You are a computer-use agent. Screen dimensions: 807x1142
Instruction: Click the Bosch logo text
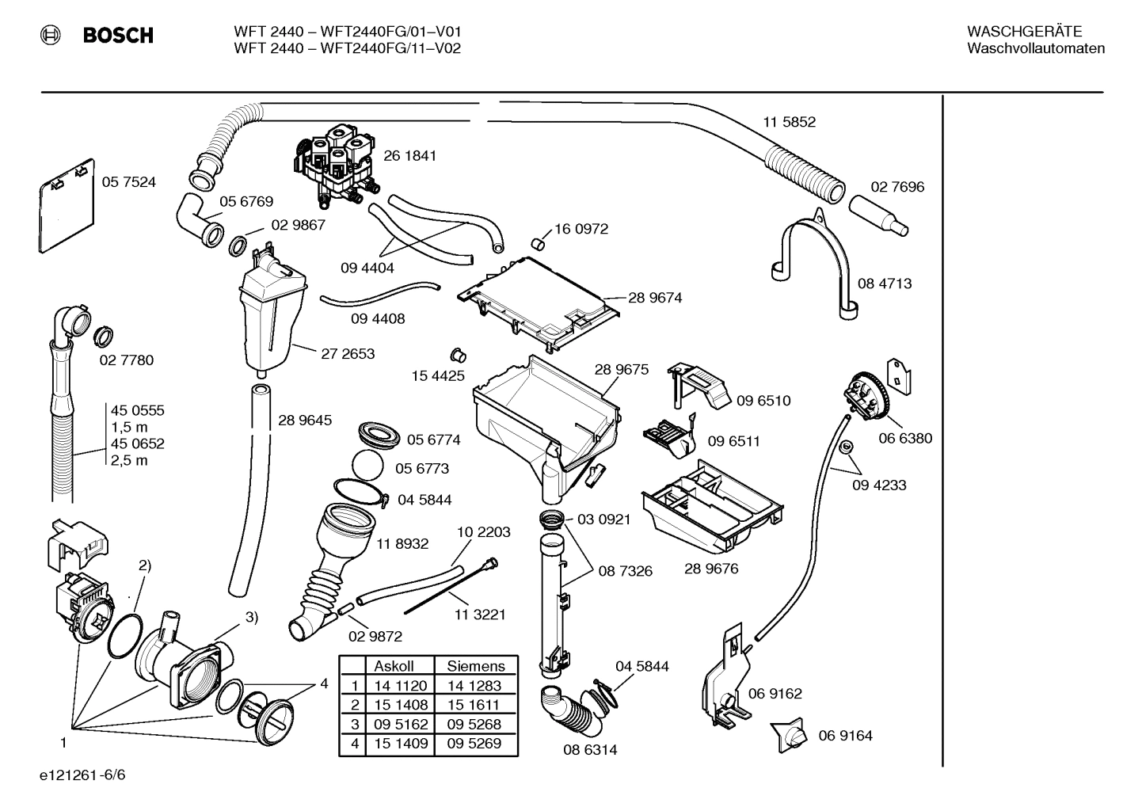pyautogui.click(x=117, y=36)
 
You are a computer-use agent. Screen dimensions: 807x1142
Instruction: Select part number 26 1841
pyautogui.click(x=409, y=156)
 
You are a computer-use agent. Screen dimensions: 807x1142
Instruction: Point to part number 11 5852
pyautogui.click(x=789, y=122)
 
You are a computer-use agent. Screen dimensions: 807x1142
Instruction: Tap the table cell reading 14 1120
pyautogui.click(x=401, y=686)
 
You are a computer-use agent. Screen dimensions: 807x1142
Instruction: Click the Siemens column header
pyautogui.click(x=475, y=667)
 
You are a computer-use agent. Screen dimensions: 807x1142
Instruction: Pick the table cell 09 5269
pyautogui.click(x=474, y=743)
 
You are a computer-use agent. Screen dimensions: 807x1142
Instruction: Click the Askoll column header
pyautogui.click(x=394, y=667)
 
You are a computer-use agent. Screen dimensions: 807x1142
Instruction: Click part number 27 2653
pyautogui.click(x=348, y=354)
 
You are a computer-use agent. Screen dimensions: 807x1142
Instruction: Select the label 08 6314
pyautogui.click(x=590, y=749)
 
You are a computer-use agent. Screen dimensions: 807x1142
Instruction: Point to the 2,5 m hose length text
pyautogui.click(x=129, y=461)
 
